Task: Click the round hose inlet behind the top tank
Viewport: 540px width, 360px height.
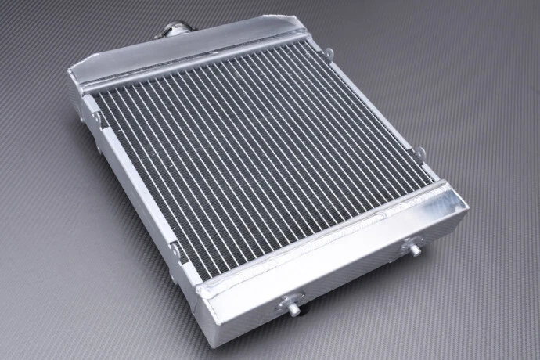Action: (x=173, y=32)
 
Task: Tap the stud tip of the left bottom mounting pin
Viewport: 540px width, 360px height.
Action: (x=294, y=309)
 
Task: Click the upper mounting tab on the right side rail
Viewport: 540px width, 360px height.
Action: (x=329, y=53)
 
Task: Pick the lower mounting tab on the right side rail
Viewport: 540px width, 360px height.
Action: (x=420, y=153)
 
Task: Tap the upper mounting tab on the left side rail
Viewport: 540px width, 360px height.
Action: (x=98, y=117)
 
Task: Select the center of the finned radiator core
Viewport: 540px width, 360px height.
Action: (x=258, y=157)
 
